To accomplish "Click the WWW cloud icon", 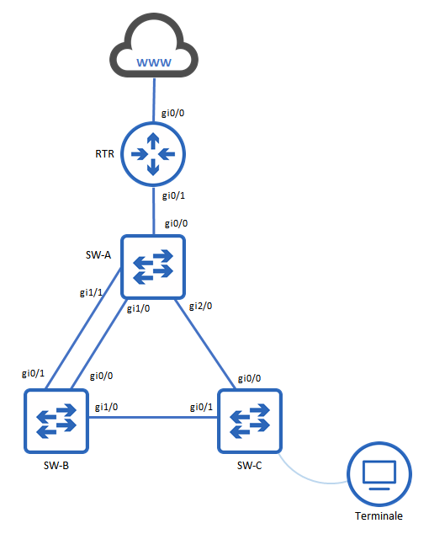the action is pyautogui.click(x=154, y=45).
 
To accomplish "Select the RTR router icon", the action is pyautogui.click(x=153, y=154).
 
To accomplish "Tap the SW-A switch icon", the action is pyautogui.click(x=153, y=267).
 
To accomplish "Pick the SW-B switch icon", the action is pyautogui.click(x=56, y=421).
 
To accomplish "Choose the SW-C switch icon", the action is pyautogui.click(x=250, y=421).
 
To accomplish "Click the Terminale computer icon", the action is pyautogui.click(x=379, y=474).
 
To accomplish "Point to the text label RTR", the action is pyautogui.click(x=105, y=154).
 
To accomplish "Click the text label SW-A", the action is pyautogui.click(x=98, y=254).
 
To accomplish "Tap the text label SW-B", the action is pyautogui.click(x=56, y=465).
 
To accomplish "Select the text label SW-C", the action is pyautogui.click(x=249, y=465).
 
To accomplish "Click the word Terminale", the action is pyautogui.click(x=379, y=516).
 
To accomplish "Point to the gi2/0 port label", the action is pyautogui.click(x=200, y=306).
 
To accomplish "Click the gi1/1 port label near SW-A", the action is pyautogui.click(x=91, y=292).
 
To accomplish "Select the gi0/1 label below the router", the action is pyautogui.click(x=173, y=195).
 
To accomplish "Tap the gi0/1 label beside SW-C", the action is pyautogui.click(x=201, y=407).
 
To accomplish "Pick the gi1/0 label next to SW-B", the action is pyautogui.click(x=107, y=407).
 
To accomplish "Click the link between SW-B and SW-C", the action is pyautogui.click(x=153, y=417).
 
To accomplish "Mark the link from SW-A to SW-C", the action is pyautogui.click(x=204, y=344).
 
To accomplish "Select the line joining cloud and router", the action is pyautogui.click(x=154, y=99).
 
